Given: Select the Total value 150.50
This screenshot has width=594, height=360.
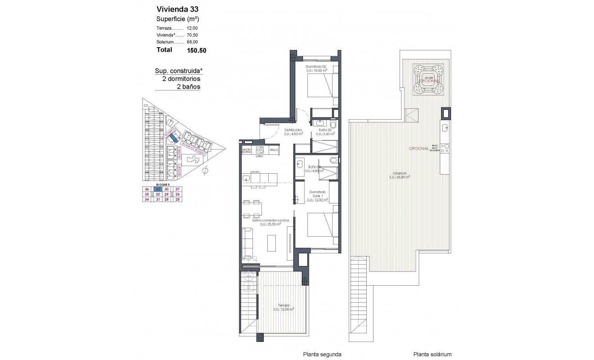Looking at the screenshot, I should coord(196,50).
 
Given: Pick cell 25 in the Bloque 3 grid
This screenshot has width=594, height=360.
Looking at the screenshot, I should coord(177,200).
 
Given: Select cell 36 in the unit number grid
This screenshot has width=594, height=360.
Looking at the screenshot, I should coord(146,189).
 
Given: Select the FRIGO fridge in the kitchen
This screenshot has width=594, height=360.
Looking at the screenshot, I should coord(274,150).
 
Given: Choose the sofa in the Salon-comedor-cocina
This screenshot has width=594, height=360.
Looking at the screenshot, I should coord(247,243).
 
